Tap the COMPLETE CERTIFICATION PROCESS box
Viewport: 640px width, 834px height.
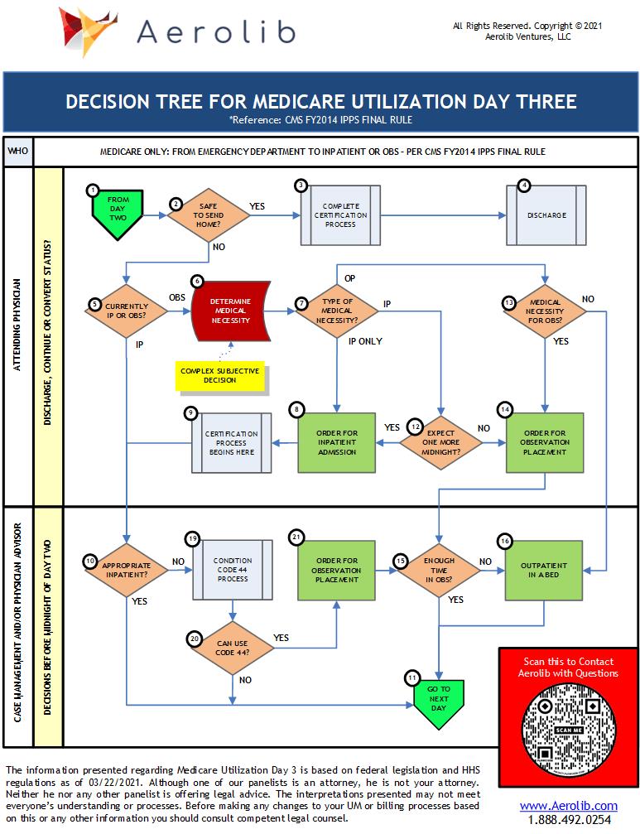click(340, 215)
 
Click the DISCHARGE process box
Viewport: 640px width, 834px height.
click(546, 215)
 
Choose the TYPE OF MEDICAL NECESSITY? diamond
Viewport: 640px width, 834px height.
click(337, 311)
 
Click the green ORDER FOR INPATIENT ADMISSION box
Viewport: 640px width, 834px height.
click(337, 441)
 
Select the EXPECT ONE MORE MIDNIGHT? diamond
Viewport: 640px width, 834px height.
click(440, 442)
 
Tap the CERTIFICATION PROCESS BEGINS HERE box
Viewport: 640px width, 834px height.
click(231, 443)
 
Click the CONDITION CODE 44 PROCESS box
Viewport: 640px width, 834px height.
click(232, 571)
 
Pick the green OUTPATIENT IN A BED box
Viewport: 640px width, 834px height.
click(544, 571)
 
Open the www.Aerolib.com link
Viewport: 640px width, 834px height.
click(568, 806)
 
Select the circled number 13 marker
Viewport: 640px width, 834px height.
click(508, 302)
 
